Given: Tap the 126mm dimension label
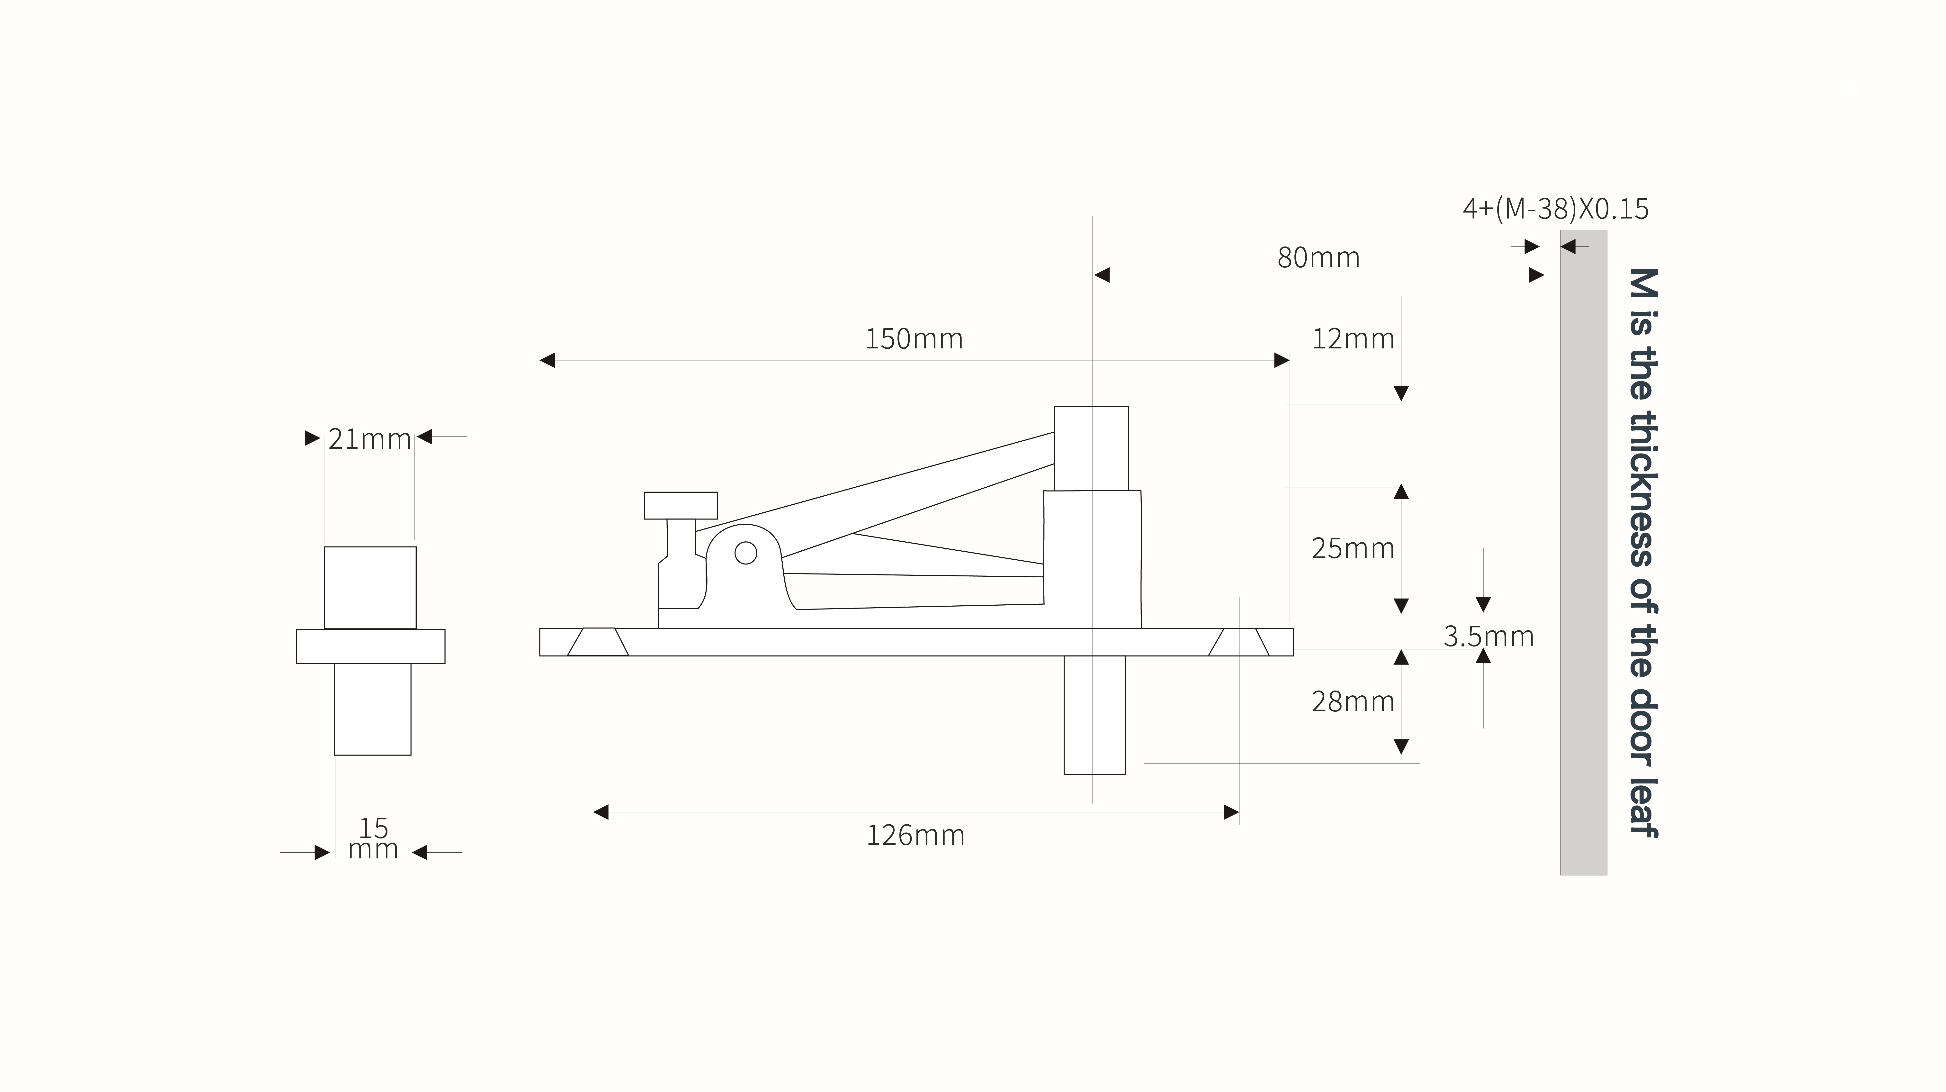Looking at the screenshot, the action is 915,835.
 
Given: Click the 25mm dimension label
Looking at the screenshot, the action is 1353,548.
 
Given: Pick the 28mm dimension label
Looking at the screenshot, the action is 1353,702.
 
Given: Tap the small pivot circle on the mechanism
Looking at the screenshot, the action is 746,553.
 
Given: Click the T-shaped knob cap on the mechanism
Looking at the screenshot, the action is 681,506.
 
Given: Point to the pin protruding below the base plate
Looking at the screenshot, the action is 1095,715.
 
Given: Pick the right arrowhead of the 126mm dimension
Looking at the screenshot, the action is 1231,812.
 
